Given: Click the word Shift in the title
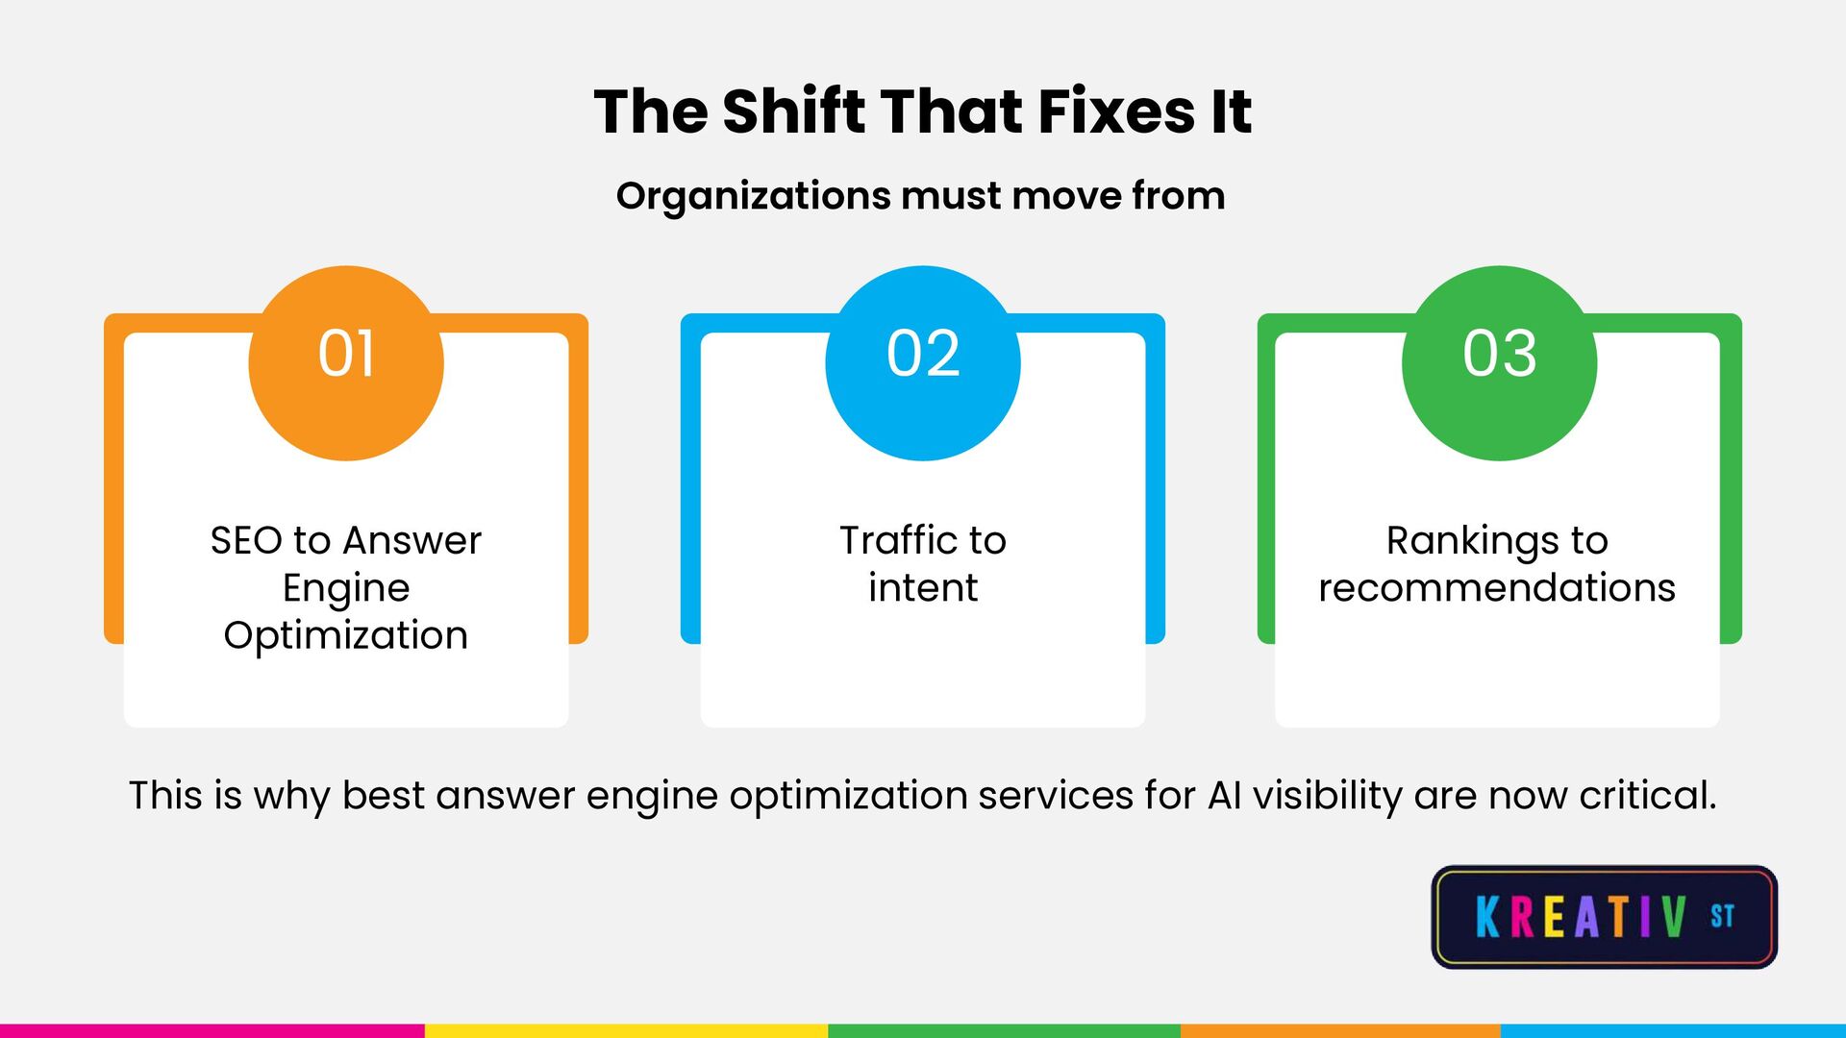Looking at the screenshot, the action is coord(794,111).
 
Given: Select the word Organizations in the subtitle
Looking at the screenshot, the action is coord(753,196).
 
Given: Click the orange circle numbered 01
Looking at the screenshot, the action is coord(346,362).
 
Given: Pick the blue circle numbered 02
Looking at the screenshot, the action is coord(923,362).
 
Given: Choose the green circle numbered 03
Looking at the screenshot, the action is coord(1499,362).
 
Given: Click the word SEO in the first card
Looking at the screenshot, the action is coord(245,540).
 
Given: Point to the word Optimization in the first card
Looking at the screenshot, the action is coord(346,635).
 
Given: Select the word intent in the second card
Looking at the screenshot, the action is coord(923,587).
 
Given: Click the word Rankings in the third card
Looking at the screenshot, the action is coord(1472,541).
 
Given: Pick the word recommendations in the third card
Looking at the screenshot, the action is coord(1497,587).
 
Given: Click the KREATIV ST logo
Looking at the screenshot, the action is coord(1604,916).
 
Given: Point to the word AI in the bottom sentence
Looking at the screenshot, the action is coord(1225,796).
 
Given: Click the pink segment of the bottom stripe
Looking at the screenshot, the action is coord(212,1030).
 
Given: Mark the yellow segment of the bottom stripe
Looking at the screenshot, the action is coord(625,1030).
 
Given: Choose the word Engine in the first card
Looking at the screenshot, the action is coord(346,588).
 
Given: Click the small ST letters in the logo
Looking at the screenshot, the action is coord(1722,915).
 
